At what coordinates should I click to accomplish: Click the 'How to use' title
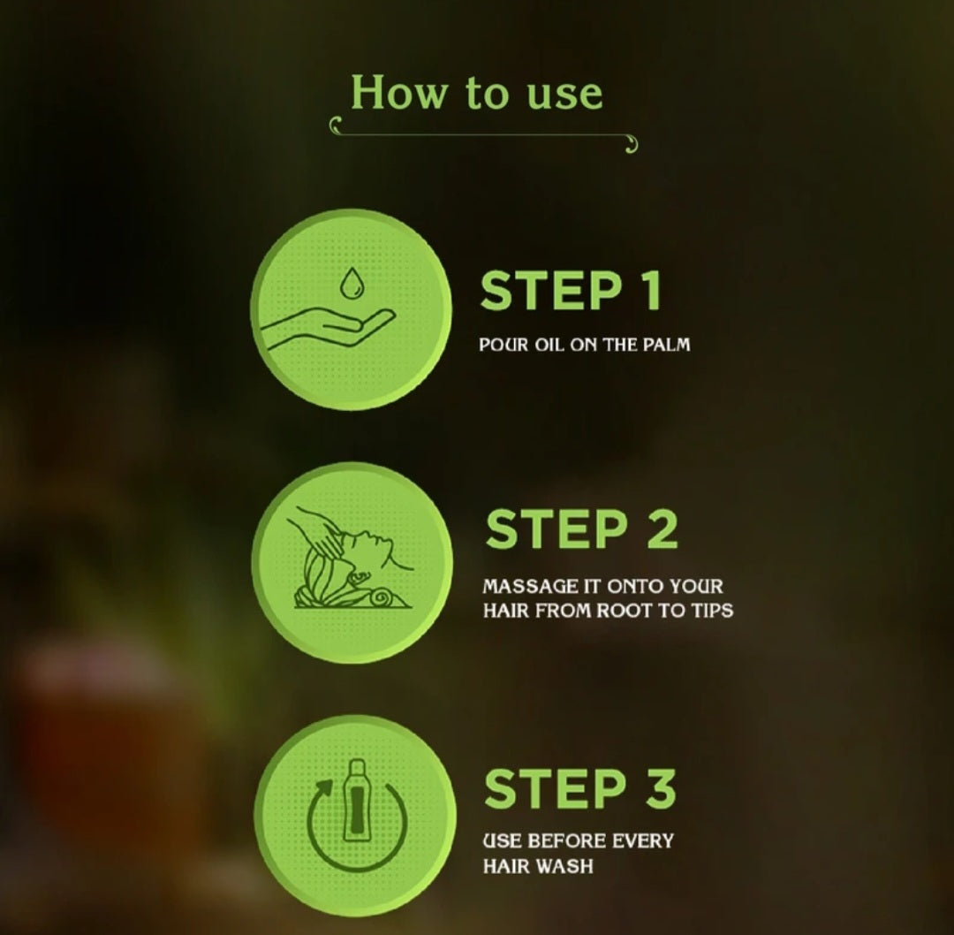click(x=476, y=93)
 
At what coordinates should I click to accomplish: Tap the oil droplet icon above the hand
click(x=351, y=283)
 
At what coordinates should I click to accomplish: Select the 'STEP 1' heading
click(x=570, y=291)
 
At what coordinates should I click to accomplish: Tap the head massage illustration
click(x=351, y=558)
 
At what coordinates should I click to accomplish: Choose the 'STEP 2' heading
click(x=581, y=528)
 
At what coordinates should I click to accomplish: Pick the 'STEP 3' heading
click(x=579, y=788)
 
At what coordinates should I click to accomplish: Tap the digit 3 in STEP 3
click(x=659, y=788)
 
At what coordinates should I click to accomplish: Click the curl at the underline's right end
click(x=632, y=145)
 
